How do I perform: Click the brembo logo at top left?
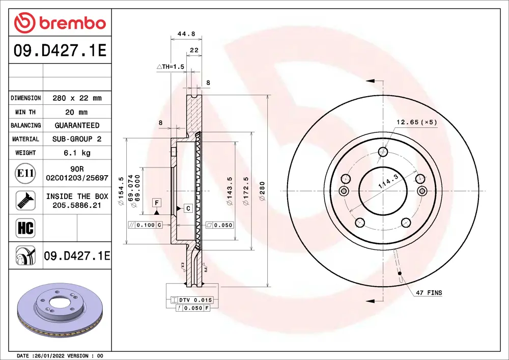tap(60, 23)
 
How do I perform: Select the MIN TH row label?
tap(25, 112)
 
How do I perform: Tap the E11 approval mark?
tap(25, 174)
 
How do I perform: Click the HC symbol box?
tap(25, 228)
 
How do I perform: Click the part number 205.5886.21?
tap(77, 205)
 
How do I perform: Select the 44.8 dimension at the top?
tap(186, 34)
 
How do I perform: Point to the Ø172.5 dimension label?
tap(246, 191)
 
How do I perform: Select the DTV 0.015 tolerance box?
tap(191, 300)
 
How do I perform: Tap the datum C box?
tap(187, 208)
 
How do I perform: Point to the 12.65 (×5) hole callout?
tap(417, 122)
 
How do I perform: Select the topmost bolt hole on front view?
tap(383, 151)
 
